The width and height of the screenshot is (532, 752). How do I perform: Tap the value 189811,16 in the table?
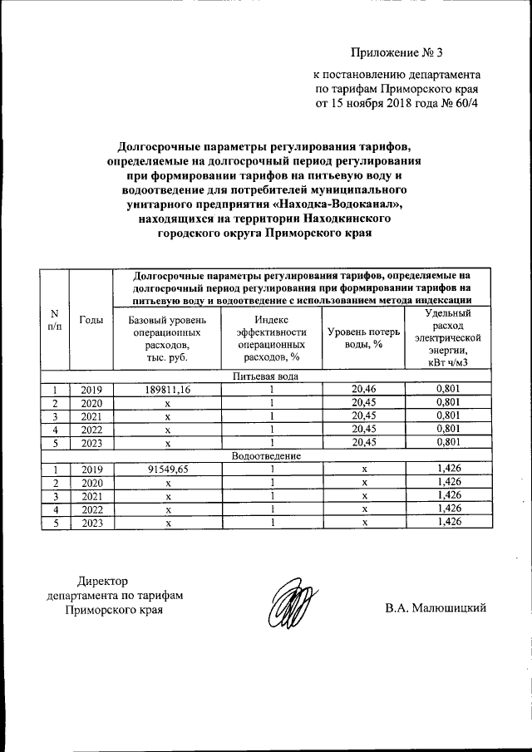point(167,389)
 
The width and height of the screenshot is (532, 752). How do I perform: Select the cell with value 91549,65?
point(167,469)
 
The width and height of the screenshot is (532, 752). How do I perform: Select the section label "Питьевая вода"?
point(266,376)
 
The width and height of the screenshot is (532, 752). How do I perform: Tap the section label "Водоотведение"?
point(266,456)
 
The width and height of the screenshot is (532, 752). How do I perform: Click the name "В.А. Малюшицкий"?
point(435,609)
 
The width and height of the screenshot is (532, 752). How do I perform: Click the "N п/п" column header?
point(55,319)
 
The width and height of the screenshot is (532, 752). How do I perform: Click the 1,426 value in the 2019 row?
point(448,469)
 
